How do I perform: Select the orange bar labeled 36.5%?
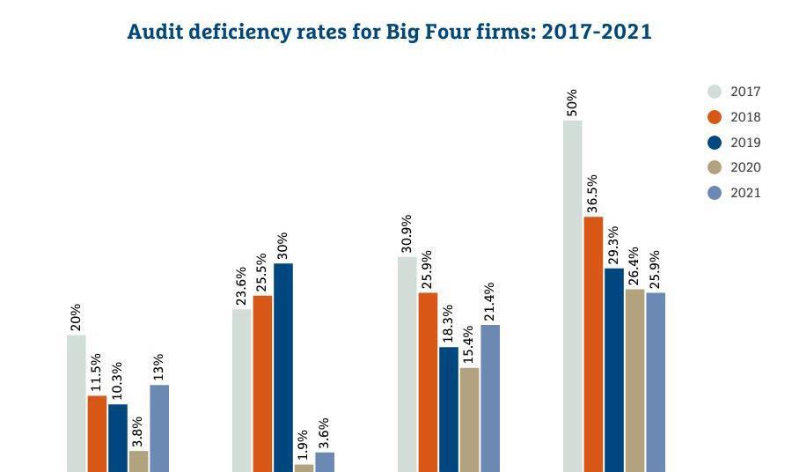click(x=593, y=344)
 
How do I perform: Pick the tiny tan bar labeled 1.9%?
click(x=304, y=468)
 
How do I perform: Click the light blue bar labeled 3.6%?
click(x=325, y=462)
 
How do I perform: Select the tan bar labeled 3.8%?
click(x=138, y=461)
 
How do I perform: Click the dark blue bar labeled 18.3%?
click(x=449, y=409)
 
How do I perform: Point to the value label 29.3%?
click(x=612, y=247)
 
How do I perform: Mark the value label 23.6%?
click(x=241, y=287)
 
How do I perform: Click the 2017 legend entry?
click(x=735, y=92)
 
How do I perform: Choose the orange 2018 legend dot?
click(x=715, y=117)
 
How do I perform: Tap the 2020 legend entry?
click(x=735, y=167)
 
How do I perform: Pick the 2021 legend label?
click(x=745, y=193)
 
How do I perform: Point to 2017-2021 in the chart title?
click(x=596, y=33)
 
